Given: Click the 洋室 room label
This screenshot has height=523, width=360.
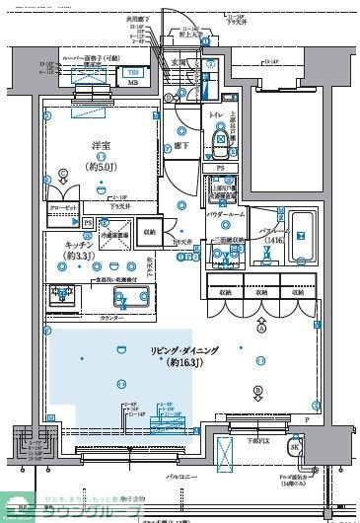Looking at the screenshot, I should point(100,147).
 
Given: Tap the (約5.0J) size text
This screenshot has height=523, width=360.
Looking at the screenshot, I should point(100,162).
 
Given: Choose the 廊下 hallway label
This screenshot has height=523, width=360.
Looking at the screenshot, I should point(182,146).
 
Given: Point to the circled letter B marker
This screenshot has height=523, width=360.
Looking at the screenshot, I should point(258,391).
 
